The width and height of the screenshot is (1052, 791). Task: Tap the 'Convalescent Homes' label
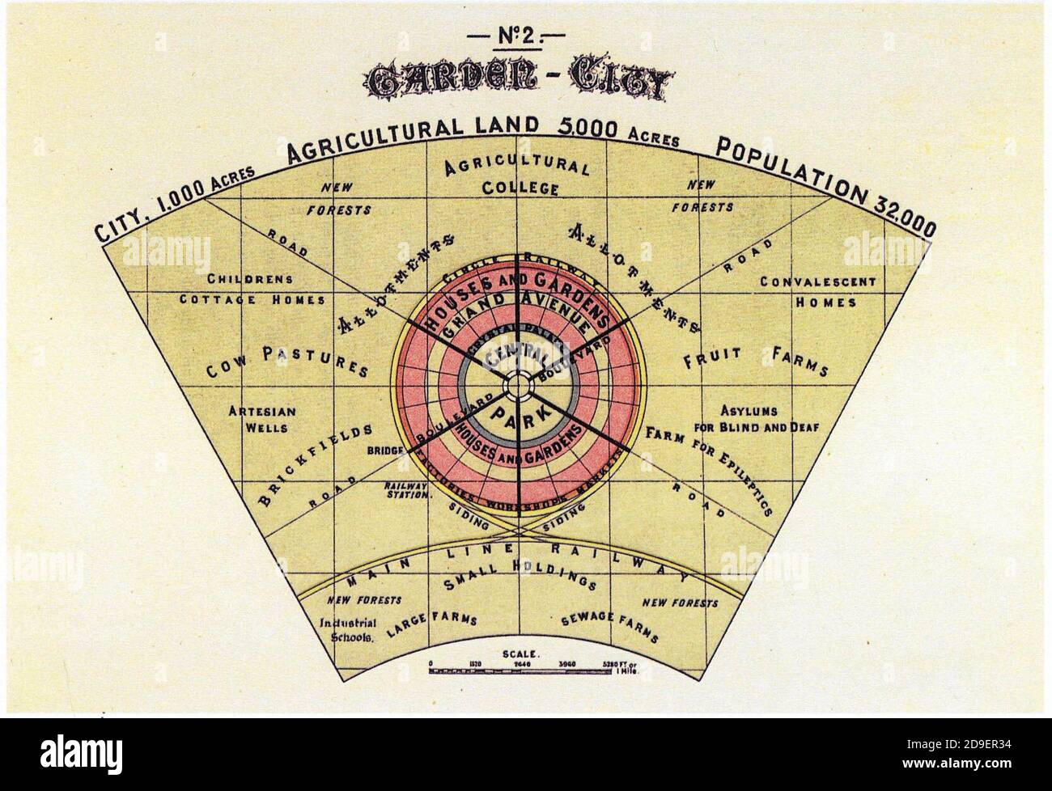(817, 292)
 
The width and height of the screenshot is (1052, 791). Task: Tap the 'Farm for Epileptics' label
(710, 469)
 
